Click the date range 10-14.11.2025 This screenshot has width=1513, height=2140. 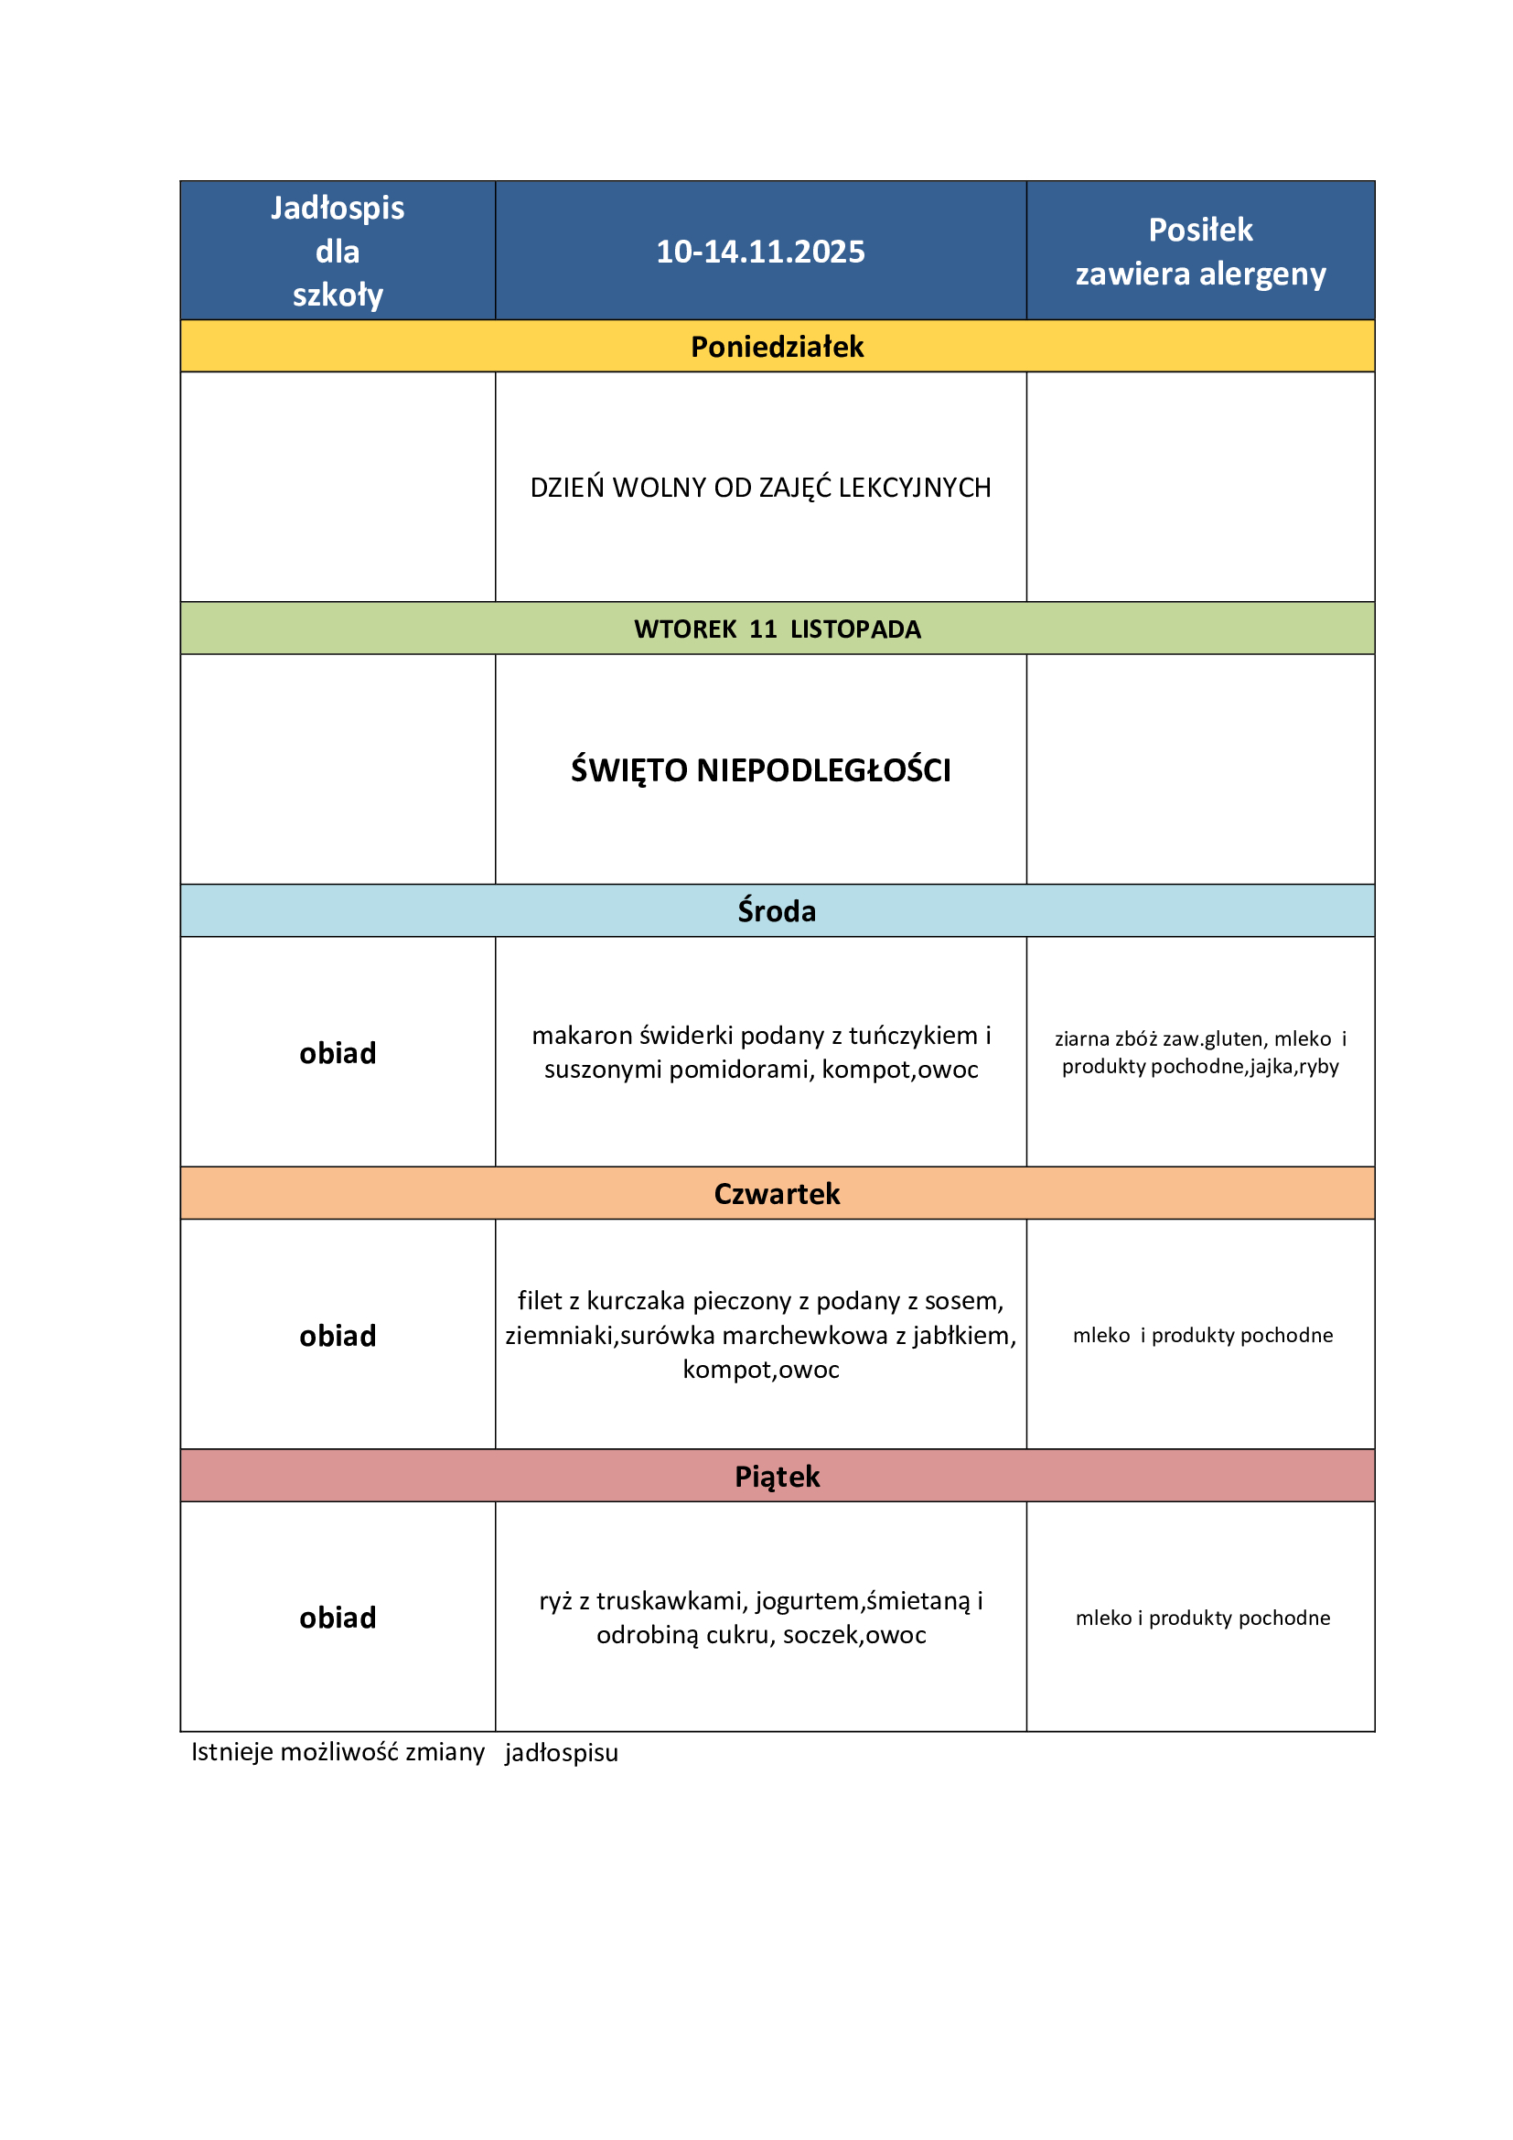[760, 252]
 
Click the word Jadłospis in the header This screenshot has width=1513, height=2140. [338, 208]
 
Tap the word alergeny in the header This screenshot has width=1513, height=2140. [1262, 274]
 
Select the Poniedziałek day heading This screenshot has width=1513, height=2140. [777, 347]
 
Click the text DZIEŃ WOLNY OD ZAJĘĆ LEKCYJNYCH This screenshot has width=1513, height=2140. [760, 488]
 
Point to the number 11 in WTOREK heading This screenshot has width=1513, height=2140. [763, 629]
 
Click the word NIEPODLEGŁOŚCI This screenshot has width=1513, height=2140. [823, 769]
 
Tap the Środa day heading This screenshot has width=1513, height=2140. [777, 910]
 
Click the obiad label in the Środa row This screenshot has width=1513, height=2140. [338, 1053]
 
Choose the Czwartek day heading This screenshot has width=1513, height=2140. [777, 1194]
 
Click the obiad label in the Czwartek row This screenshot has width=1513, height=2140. [338, 1336]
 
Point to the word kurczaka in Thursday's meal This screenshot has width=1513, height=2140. [637, 1301]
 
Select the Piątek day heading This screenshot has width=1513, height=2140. [777, 1477]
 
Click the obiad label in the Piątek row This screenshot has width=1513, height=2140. [338, 1618]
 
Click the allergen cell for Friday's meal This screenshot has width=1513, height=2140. [1202, 1618]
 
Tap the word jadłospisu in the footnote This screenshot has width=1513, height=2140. [562, 1753]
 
